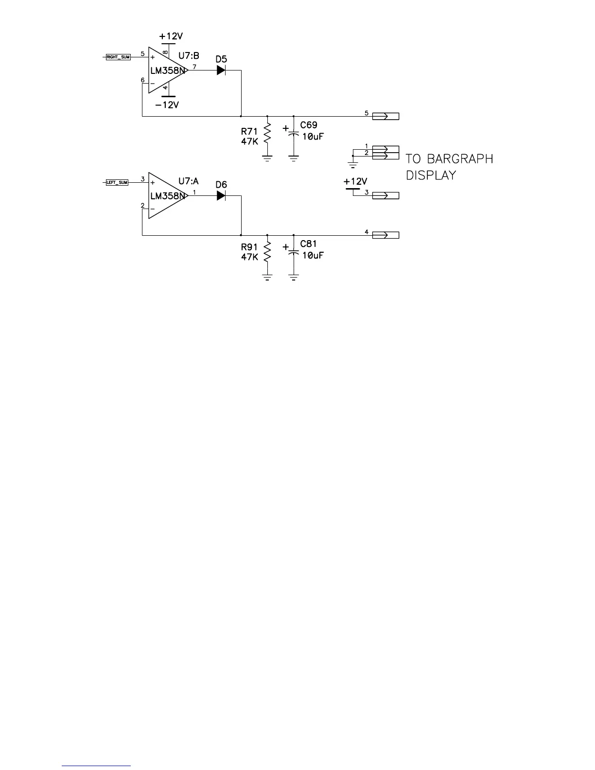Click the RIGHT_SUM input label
[x=118, y=57]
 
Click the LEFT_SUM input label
[x=117, y=182]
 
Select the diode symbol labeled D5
[x=221, y=70]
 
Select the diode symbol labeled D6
[x=221, y=195]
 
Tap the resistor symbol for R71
[x=267, y=134]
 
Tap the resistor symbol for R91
[x=267, y=253]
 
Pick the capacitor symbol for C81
[x=293, y=252]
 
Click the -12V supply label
[x=167, y=105]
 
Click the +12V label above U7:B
[x=171, y=36]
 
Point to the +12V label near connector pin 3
[x=355, y=181]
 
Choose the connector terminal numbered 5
[x=385, y=116]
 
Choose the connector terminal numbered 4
[x=385, y=235]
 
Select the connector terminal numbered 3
[x=385, y=195]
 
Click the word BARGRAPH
[x=460, y=159]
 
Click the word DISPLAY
[x=431, y=175]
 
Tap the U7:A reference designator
[x=189, y=181]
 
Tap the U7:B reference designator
[x=189, y=56]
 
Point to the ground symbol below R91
[x=267, y=277]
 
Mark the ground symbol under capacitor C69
[x=293, y=158]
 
